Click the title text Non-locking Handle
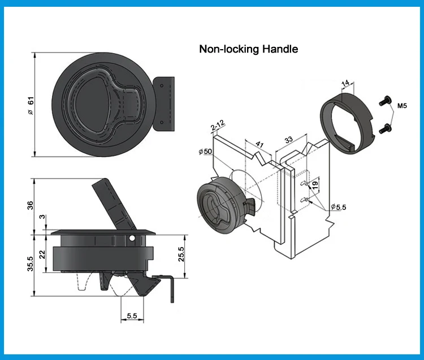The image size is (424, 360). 248,49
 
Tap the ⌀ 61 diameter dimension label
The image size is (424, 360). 32,105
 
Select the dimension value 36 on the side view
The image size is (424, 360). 31,205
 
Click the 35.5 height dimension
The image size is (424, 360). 31,263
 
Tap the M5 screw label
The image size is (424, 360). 403,105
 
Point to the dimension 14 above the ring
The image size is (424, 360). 346,83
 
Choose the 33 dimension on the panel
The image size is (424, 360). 288,139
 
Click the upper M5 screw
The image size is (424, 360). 385,100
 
